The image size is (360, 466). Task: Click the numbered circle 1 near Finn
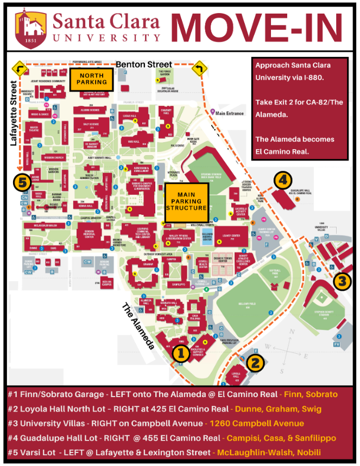click(181, 354)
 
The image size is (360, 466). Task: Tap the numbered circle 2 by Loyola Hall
click(256, 362)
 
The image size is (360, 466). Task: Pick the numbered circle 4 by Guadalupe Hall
click(283, 180)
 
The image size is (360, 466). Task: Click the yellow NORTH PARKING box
click(91, 79)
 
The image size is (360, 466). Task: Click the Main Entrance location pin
click(213, 112)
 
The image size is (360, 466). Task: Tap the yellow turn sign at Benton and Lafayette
click(18, 68)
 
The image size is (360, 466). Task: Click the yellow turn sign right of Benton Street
click(200, 68)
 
